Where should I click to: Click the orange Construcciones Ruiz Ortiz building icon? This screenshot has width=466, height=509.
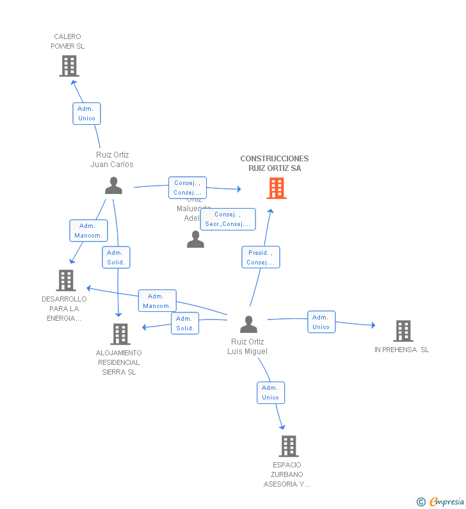[x=276, y=188]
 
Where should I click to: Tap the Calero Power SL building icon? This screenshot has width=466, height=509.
[x=68, y=66]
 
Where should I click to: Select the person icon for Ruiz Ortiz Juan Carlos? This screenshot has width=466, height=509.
[x=113, y=186]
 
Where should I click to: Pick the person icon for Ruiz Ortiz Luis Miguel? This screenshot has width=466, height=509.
[x=248, y=325]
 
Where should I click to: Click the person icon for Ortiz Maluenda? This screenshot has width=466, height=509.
[x=195, y=239]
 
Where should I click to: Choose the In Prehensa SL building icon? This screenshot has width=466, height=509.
[x=403, y=331]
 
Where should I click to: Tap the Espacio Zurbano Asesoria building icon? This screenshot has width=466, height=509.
[x=288, y=446]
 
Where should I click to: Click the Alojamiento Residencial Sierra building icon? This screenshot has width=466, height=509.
[x=120, y=334]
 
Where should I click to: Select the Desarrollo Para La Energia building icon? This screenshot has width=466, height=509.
[x=66, y=280]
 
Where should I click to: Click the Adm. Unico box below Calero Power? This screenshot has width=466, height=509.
[x=86, y=113]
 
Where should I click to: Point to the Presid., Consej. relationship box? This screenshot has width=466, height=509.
[x=261, y=257]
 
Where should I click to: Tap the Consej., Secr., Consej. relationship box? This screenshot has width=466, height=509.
[x=228, y=219]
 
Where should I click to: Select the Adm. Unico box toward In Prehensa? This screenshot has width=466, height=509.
[x=321, y=322]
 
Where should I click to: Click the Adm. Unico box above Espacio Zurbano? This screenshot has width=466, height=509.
[x=270, y=392]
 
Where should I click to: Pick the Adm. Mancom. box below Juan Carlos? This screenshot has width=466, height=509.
[x=88, y=230]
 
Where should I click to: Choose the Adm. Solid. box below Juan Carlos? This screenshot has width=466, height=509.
[x=116, y=257]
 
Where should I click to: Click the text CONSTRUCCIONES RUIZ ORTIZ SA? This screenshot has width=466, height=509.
[x=275, y=163]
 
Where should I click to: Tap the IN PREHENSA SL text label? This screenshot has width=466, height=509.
[x=402, y=350]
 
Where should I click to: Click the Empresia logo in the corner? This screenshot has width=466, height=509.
[x=441, y=501]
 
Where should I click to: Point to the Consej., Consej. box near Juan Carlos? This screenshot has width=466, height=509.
[x=188, y=188]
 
